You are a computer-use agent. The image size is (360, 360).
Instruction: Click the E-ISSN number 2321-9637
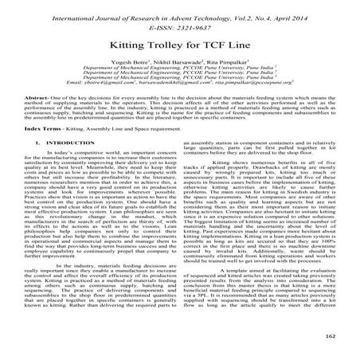point(197,22)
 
